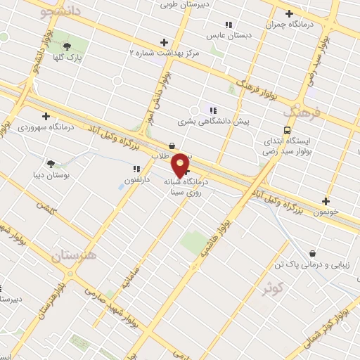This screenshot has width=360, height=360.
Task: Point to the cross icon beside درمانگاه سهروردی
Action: pos(46,116)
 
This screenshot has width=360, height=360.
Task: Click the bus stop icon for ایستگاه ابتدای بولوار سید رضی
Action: pos(287,130)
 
